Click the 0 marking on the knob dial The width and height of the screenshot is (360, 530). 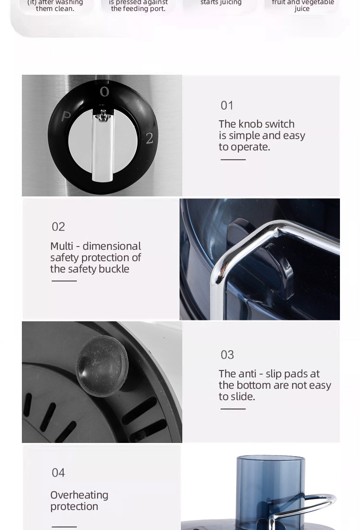click(x=104, y=92)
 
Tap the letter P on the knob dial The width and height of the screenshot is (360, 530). click(x=66, y=117)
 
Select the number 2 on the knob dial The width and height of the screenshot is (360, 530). click(x=149, y=138)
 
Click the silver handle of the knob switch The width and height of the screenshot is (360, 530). click(x=103, y=145)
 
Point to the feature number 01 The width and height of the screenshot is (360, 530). click(x=227, y=105)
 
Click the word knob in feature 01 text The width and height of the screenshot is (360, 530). click(x=251, y=124)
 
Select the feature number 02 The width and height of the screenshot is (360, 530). click(x=58, y=226)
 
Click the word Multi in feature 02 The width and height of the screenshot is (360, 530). click(x=62, y=246)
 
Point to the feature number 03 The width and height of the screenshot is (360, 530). click(x=227, y=355)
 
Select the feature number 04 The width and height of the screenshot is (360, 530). click(x=58, y=473)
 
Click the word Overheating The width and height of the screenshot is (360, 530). click(x=79, y=495)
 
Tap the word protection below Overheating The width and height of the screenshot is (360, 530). click(x=74, y=507)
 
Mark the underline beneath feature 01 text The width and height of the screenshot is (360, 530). click(x=233, y=160)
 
